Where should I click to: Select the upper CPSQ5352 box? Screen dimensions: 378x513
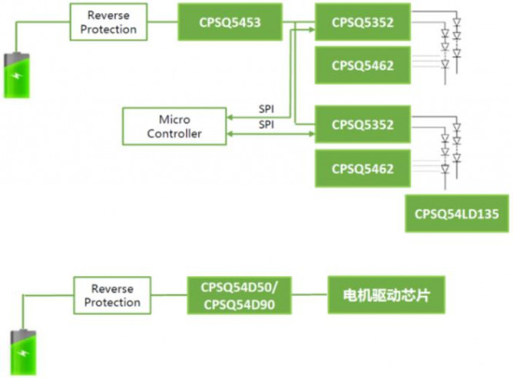pos(362,22)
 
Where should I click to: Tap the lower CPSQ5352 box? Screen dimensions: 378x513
pos(362,124)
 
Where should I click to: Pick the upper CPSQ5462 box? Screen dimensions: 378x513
pos(362,66)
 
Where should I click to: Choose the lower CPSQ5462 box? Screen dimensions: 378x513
pos(362,169)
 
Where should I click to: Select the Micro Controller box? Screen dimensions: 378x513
pos(174,127)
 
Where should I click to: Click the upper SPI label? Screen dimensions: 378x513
pos(266,109)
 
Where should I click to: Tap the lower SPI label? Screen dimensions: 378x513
pos(266,123)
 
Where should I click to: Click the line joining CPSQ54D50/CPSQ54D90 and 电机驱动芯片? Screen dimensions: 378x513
pos(313,295)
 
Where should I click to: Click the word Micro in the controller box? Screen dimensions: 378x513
pos(174,120)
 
